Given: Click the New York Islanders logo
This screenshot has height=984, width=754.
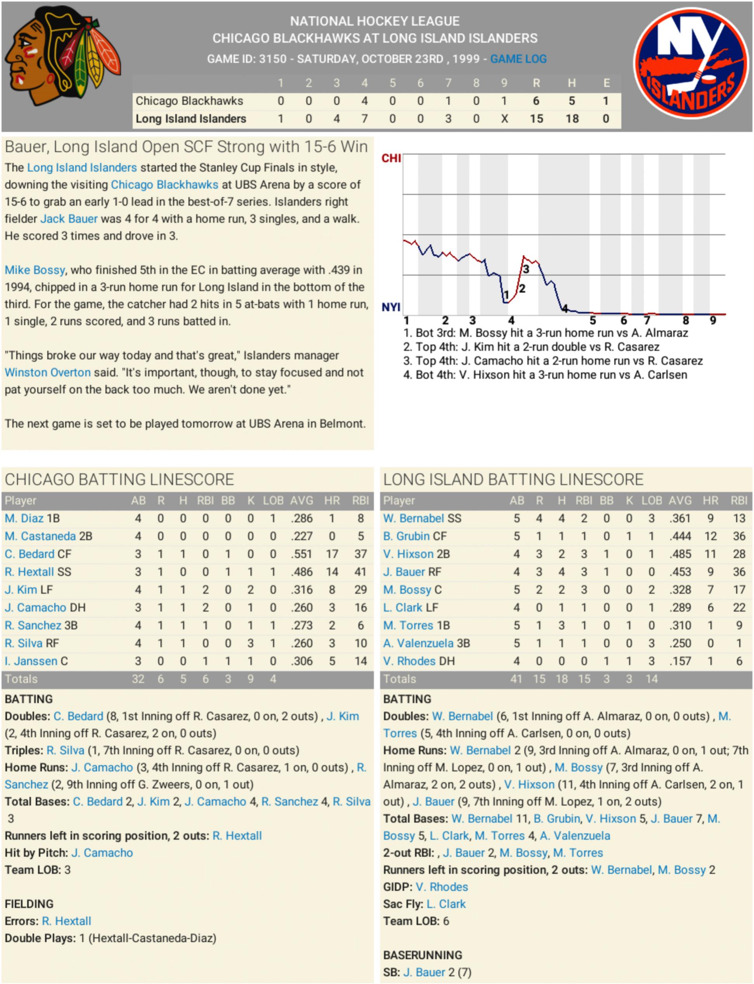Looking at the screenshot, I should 691,63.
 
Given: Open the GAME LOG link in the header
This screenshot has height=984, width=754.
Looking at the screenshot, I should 518,59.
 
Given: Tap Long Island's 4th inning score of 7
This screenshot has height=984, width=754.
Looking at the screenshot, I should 364,119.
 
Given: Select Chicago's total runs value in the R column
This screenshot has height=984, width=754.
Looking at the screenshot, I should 536,101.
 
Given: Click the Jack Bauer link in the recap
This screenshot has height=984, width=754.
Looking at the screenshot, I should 69,219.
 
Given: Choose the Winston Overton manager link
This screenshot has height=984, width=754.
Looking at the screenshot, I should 48,372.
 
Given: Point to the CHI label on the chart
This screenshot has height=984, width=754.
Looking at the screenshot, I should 391,158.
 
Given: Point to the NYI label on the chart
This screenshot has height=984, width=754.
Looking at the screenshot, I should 390,307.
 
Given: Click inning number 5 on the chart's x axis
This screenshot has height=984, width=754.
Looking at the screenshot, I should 593,321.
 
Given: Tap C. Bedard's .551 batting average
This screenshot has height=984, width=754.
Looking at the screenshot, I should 302,554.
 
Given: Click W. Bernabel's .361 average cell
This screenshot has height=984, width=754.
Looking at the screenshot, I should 680,519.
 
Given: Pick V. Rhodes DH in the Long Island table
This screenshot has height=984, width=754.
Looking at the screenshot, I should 418,661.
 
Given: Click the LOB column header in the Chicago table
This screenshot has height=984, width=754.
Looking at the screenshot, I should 273,500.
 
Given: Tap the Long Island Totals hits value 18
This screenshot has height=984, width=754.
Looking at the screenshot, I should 562,679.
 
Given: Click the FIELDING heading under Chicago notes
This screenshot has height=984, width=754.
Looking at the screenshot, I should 29,904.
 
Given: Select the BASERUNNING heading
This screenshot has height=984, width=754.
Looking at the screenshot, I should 422,955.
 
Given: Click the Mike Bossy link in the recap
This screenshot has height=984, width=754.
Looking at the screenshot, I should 35,270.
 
